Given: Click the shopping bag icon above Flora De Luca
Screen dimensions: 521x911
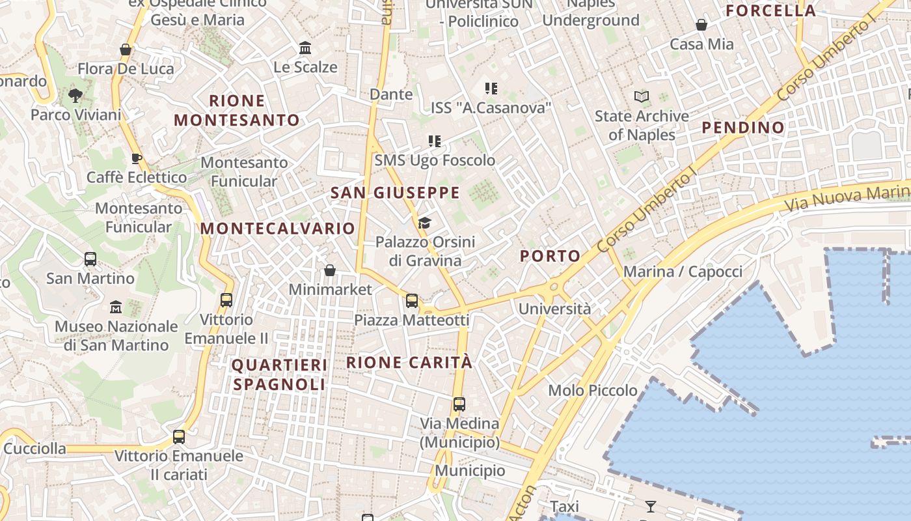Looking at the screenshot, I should (x=126, y=49).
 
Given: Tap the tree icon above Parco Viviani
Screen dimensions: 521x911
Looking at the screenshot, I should (x=75, y=96).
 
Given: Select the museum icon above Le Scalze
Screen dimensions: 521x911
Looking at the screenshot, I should (x=305, y=48).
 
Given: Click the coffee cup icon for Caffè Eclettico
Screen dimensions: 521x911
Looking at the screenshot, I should (x=136, y=158).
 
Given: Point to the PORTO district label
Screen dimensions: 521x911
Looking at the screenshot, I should (x=550, y=256).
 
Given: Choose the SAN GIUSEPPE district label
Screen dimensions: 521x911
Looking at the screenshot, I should (x=395, y=193).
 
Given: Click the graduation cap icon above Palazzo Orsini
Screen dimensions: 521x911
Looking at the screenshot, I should (x=424, y=223).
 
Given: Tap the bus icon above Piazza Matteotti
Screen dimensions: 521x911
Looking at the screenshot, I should (x=411, y=300).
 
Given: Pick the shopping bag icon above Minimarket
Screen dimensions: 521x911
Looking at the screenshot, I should (x=330, y=270).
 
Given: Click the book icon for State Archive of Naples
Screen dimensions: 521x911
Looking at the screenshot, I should (x=642, y=97).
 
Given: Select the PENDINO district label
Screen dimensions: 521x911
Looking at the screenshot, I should (x=743, y=128).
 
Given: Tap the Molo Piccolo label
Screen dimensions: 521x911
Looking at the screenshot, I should (x=593, y=390).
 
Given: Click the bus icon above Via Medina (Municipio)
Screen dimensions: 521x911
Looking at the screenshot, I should (x=459, y=404).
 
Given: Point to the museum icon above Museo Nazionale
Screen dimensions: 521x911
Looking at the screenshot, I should (x=116, y=307).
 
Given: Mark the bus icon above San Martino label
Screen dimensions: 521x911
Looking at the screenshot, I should (x=90, y=259).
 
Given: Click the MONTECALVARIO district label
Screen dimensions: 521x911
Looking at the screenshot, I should (x=278, y=229).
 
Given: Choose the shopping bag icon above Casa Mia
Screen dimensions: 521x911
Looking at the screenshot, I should (x=701, y=25).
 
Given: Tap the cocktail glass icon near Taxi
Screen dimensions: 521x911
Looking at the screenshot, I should (x=650, y=506).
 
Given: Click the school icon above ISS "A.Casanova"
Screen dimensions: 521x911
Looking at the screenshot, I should (x=491, y=88).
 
